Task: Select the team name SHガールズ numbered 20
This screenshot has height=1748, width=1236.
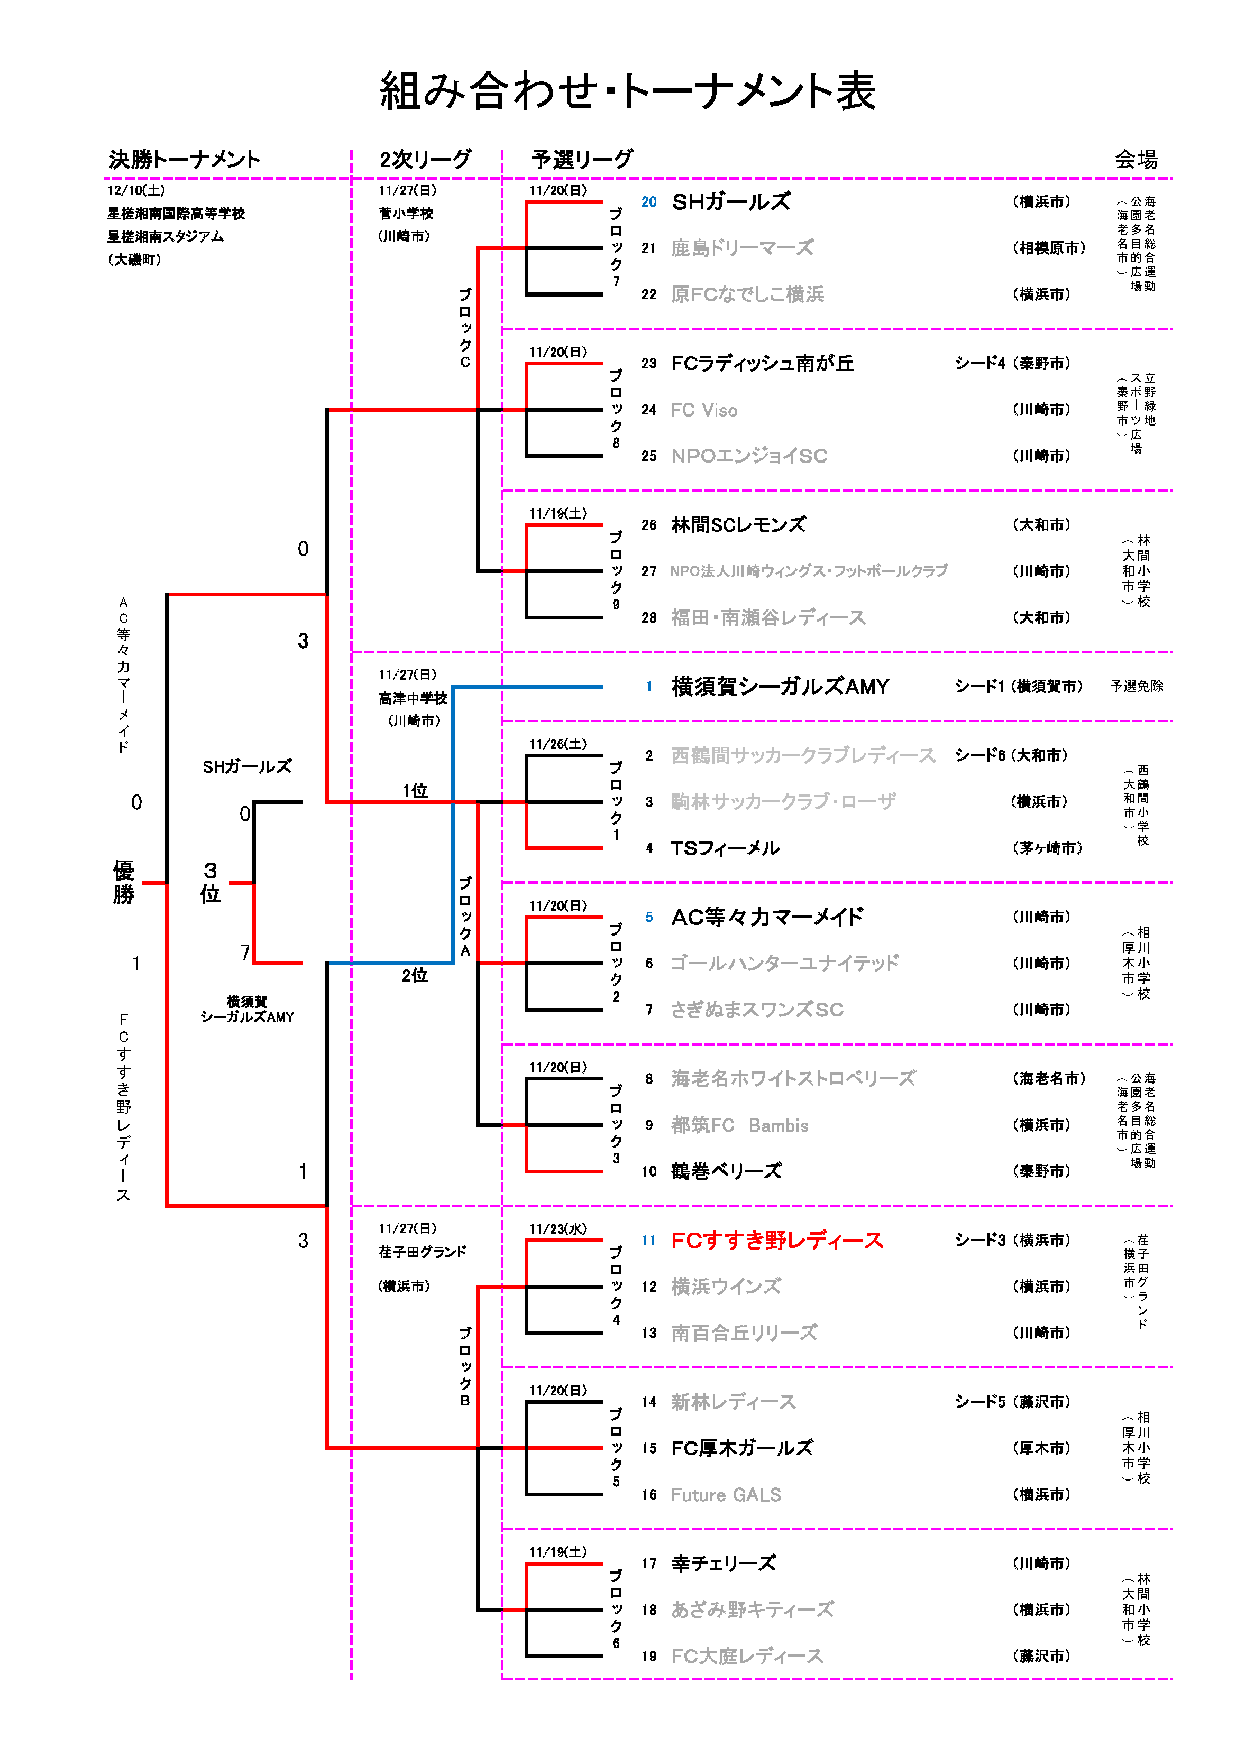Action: [730, 202]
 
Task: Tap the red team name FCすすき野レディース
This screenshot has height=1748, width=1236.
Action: [777, 1240]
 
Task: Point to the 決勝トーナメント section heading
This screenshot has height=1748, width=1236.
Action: [184, 159]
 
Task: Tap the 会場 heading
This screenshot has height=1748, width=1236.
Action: [1136, 159]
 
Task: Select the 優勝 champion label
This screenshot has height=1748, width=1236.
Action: [123, 882]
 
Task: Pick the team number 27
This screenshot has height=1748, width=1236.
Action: [649, 571]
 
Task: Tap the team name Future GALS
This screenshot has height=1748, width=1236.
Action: [725, 1494]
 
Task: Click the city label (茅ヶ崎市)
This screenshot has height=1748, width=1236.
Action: [1047, 848]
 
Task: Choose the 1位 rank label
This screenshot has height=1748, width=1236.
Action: [415, 790]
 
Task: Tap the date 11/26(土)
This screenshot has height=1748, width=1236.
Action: [557, 744]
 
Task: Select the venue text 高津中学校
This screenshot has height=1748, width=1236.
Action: [413, 698]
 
